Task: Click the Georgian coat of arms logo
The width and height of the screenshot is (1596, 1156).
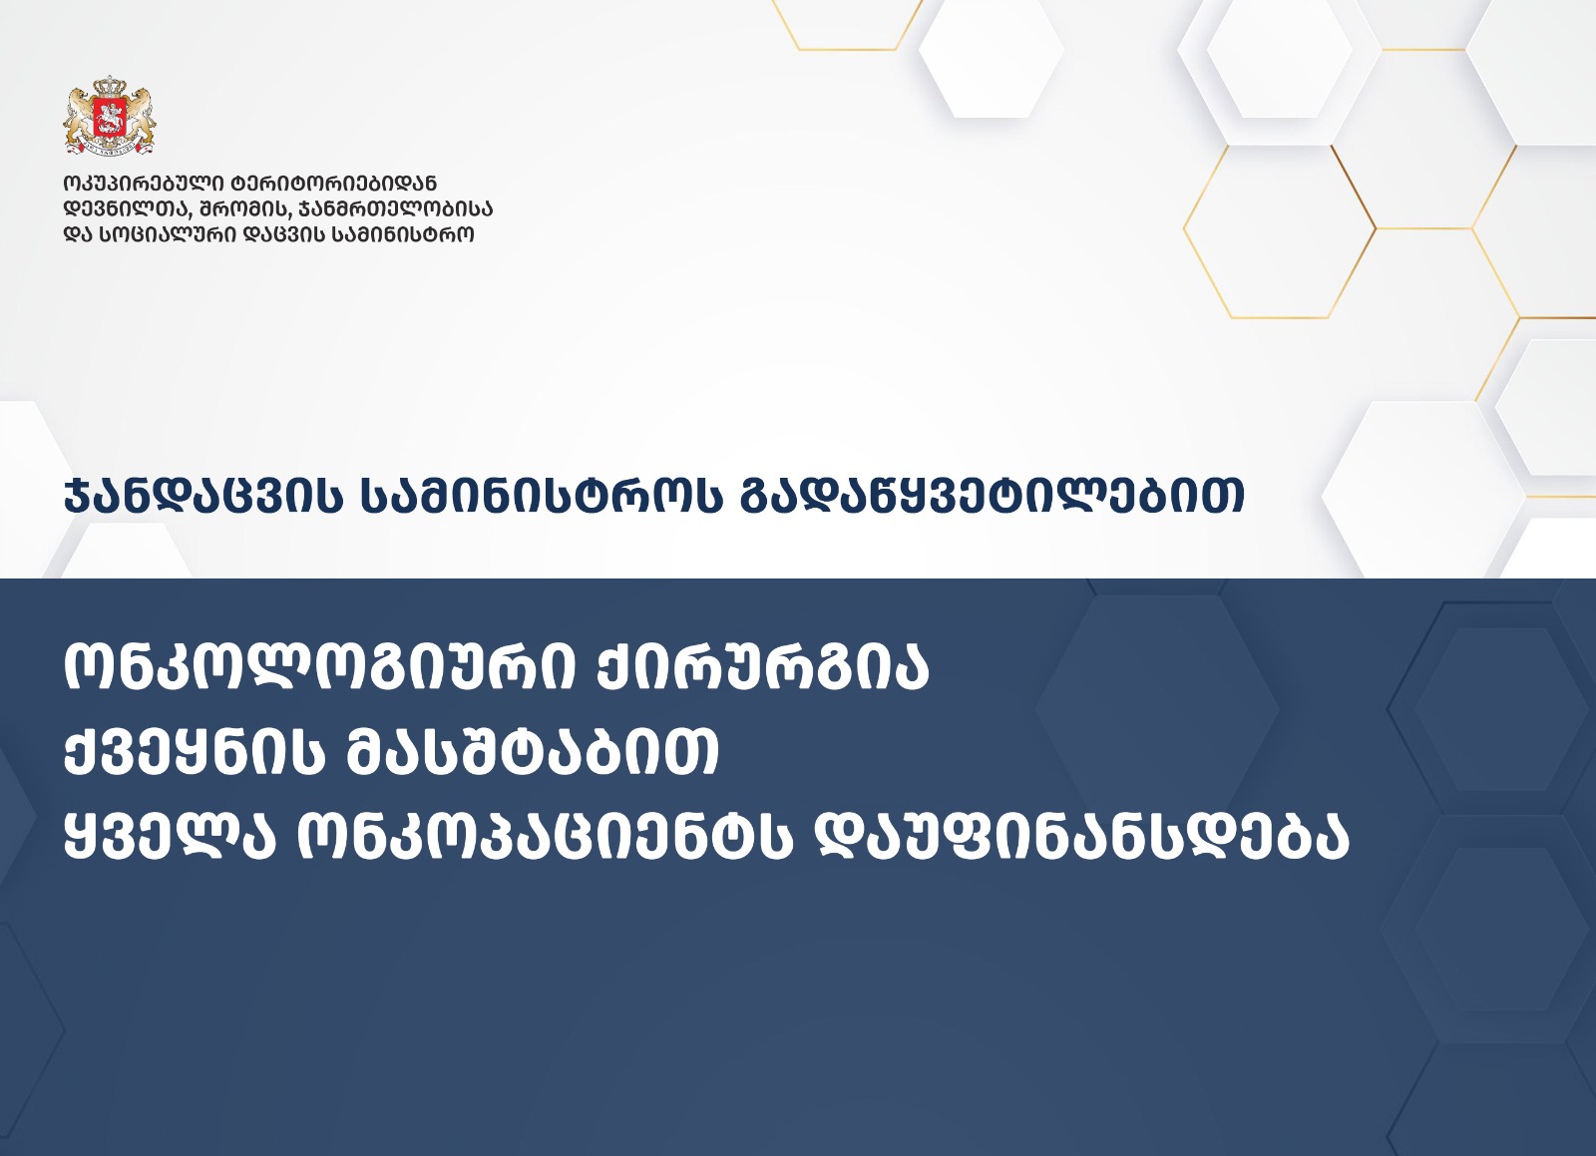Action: pos(110,116)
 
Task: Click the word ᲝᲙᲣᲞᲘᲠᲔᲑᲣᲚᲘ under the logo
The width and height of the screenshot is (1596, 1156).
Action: pos(143,184)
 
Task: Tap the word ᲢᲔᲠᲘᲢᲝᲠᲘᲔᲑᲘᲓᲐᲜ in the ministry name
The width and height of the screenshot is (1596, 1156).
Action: pos(333,184)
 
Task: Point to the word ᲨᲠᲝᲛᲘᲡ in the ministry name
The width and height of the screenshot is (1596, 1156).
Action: pos(244,209)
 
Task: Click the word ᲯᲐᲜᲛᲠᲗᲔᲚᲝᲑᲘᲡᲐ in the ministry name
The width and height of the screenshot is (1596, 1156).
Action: pos(393,209)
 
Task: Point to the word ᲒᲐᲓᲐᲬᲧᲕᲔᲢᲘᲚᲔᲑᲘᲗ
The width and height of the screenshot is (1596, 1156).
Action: pos(992,496)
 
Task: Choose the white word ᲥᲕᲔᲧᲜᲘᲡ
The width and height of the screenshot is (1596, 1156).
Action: pos(195,752)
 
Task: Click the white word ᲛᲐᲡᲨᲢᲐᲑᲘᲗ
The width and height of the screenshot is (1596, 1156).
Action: pos(533,752)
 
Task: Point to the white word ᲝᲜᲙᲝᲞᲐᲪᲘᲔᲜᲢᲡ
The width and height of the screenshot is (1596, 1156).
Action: pos(545,836)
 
